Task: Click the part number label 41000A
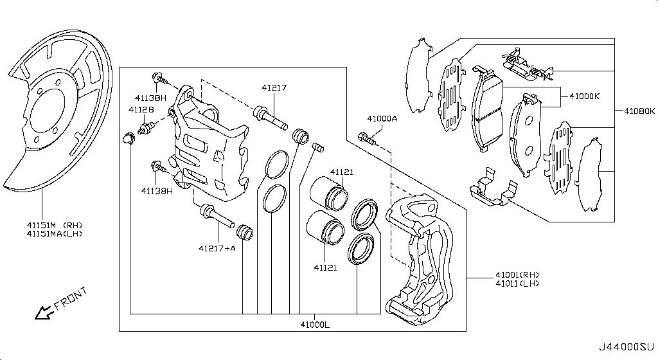click(x=382, y=119)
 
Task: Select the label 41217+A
click(x=217, y=248)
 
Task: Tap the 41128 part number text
click(x=141, y=109)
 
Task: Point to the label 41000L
click(x=315, y=325)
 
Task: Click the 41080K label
click(x=639, y=111)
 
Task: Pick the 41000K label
click(x=585, y=96)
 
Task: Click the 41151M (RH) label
click(x=55, y=225)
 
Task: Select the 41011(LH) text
click(x=517, y=283)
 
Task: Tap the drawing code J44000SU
click(x=626, y=347)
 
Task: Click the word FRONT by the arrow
click(x=71, y=298)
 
